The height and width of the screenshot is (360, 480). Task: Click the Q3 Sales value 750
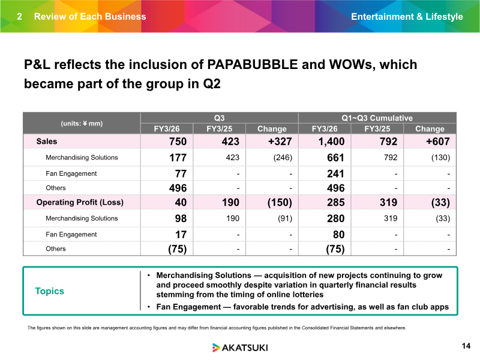click(x=178, y=142)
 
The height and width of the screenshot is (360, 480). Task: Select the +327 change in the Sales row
click(x=280, y=142)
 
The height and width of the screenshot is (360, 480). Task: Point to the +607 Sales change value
click(x=438, y=142)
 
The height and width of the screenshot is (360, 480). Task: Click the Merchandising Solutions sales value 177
click(x=178, y=158)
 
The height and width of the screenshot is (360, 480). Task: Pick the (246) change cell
click(x=283, y=158)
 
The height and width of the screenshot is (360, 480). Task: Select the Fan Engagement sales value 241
click(x=336, y=174)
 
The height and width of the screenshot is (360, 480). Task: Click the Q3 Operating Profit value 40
click(x=181, y=202)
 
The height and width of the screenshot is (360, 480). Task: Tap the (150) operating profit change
click(x=280, y=202)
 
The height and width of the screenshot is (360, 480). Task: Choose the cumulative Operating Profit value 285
click(x=336, y=202)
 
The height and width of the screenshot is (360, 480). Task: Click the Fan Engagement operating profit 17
click(x=181, y=235)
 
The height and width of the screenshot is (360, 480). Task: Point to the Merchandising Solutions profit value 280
click(x=336, y=218)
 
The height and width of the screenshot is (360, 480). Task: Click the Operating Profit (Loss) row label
click(x=80, y=202)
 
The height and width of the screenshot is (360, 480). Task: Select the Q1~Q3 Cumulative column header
click(x=377, y=118)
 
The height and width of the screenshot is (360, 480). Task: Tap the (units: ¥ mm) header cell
click(x=82, y=124)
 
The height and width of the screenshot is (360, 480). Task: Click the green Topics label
click(x=50, y=291)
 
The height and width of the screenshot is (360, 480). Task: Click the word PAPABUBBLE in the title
click(x=253, y=65)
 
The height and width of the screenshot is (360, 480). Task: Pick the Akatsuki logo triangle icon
click(x=216, y=347)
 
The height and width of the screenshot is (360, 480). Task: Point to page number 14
click(x=466, y=346)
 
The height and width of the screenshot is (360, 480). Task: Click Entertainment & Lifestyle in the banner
click(x=407, y=17)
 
